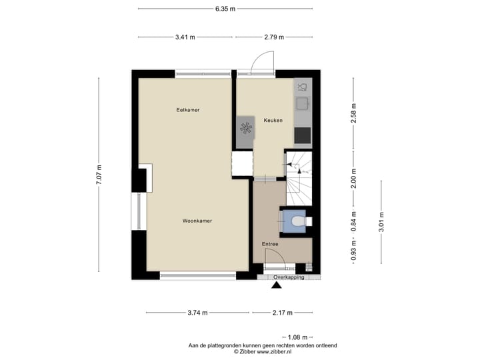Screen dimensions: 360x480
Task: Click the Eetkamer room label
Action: (x=188, y=109)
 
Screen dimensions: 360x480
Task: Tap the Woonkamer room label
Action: (x=197, y=221)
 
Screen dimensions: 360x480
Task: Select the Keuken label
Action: (x=273, y=121)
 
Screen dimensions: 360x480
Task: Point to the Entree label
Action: (x=270, y=245)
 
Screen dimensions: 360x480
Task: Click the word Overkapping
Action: (x=289, y=277)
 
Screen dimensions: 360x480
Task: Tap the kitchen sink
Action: (x=303, y=103)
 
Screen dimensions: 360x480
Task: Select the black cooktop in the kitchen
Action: (x=303, y=135)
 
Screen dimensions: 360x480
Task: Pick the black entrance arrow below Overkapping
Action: (x=277, y=287)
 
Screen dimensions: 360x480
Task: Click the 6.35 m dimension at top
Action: (x=225, y=9)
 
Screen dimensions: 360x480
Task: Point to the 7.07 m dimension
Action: (x=99, y=176)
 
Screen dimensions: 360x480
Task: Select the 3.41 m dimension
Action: (x=185, y=37)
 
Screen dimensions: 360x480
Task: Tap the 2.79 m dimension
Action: (x=273, y=37)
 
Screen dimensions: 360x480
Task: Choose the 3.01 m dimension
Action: (x=381, y=221)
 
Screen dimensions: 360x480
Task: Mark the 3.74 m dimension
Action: (x=197, y=313)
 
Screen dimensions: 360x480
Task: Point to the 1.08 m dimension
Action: (x=299, y=338)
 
